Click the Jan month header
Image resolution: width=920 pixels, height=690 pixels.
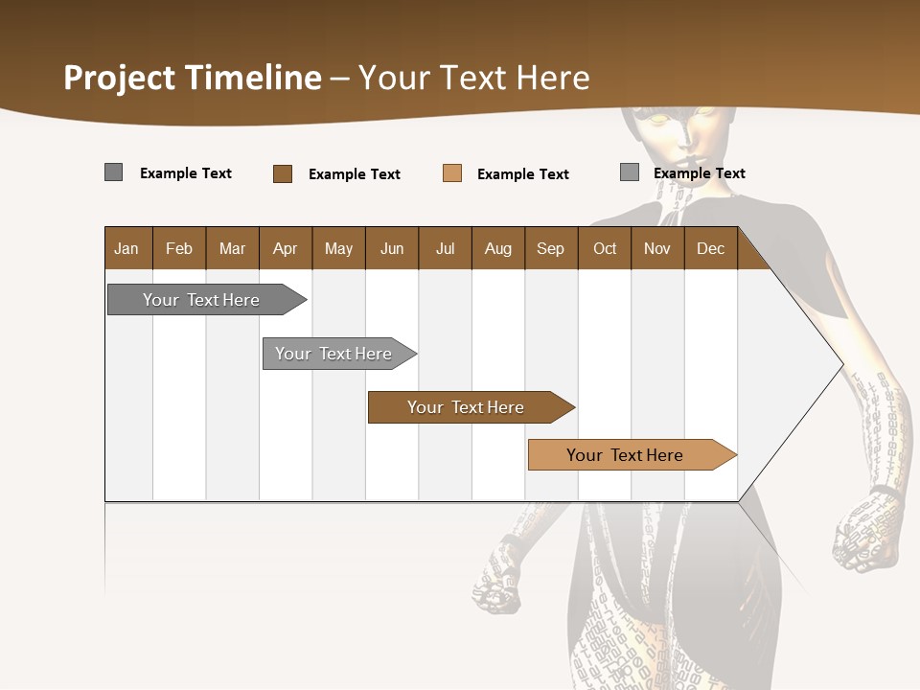tap(126, 248)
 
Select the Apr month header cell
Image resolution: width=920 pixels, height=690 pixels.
tap(285, 248)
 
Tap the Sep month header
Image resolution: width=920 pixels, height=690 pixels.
tap(550, 248)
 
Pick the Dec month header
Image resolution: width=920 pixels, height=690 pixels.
tap(710, 248)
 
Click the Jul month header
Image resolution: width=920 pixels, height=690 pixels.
tap(445, 248)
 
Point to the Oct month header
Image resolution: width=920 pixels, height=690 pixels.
tap(605, 248)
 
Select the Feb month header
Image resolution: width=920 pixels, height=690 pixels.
tap(179, 248)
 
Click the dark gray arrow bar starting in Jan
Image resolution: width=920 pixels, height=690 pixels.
tap(201, 300)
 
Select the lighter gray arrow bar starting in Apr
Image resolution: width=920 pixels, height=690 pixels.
tap(333, 354)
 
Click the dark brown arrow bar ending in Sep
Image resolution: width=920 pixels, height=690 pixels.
tap(466, 407)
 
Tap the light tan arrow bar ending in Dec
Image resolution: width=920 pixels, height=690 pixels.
tap(625, 455)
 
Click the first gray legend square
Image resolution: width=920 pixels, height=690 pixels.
tap(113, 172)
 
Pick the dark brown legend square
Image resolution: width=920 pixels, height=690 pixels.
tap(282, 173)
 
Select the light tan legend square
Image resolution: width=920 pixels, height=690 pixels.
tap(452, 173)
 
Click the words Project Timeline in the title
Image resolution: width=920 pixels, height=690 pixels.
tap(192, 78)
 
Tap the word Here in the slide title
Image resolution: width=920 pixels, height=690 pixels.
tap(553, 78)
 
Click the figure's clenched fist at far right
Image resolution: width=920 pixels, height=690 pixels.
tap(867, 532)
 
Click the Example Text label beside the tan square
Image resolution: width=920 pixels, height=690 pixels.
tap(522, 173)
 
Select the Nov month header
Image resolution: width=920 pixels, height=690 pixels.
tap(657, 248)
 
